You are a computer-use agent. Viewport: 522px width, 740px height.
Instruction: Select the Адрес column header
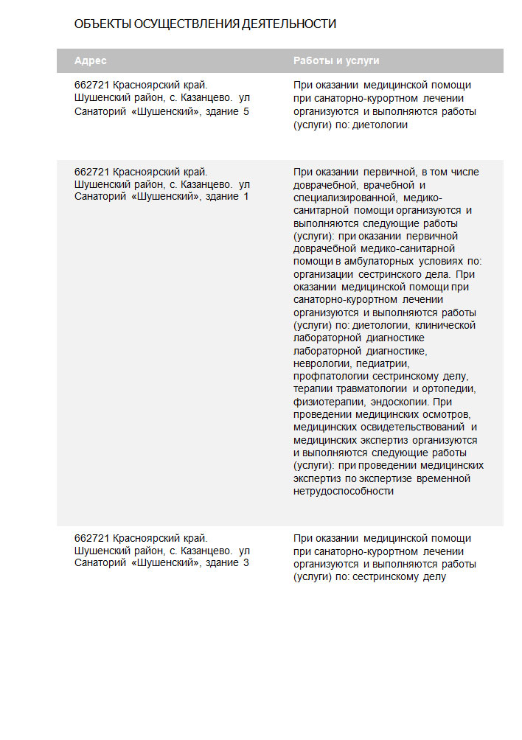pyautogui.click(x=91, y=60)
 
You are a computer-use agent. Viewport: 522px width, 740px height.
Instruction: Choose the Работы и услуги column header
pyautogui.click(x=336, y=60)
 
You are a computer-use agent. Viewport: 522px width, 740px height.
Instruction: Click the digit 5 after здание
pyautogui.click(x=246, y=111)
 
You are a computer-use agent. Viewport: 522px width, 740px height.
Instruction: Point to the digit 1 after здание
pyautogui.click(x=246, y=197)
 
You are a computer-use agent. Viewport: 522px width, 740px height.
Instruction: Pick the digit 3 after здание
pyautogui.click(x=246, y=562)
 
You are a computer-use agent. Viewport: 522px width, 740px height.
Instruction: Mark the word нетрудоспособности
pyautogui.click(x=343, y=492)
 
